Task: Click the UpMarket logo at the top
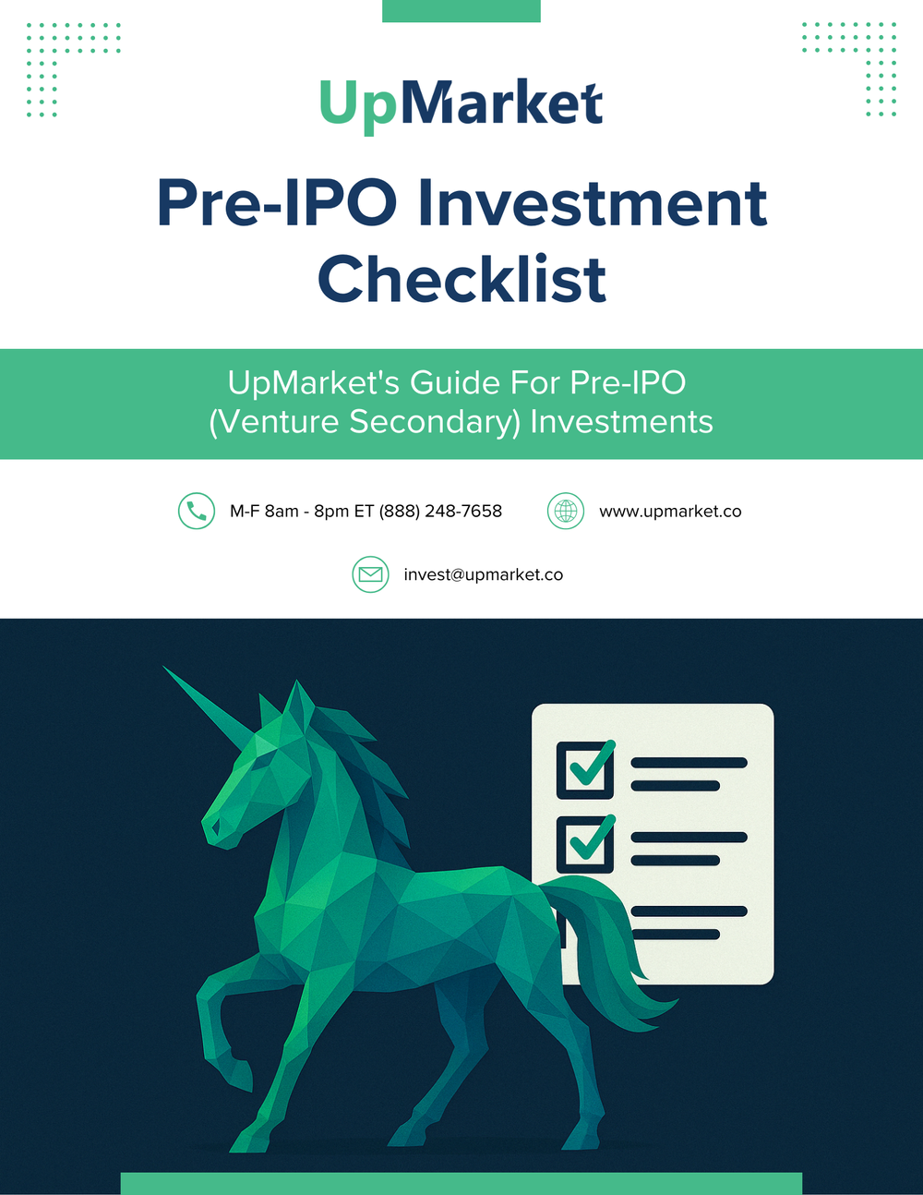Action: click(461, 103)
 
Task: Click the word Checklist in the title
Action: click(461, 280)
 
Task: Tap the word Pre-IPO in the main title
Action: click(277, 203)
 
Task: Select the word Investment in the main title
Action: click(592, 203)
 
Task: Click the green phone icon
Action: click(197, 511)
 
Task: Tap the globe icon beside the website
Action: click(566, 511)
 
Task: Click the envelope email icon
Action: click(370, 574)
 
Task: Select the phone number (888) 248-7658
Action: click(441, 511)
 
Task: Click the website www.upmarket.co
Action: click(670, 511)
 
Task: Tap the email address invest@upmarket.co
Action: click(483, 574)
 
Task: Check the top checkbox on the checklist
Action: click(585, 769)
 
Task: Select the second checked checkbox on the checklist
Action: click(585, 843)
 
